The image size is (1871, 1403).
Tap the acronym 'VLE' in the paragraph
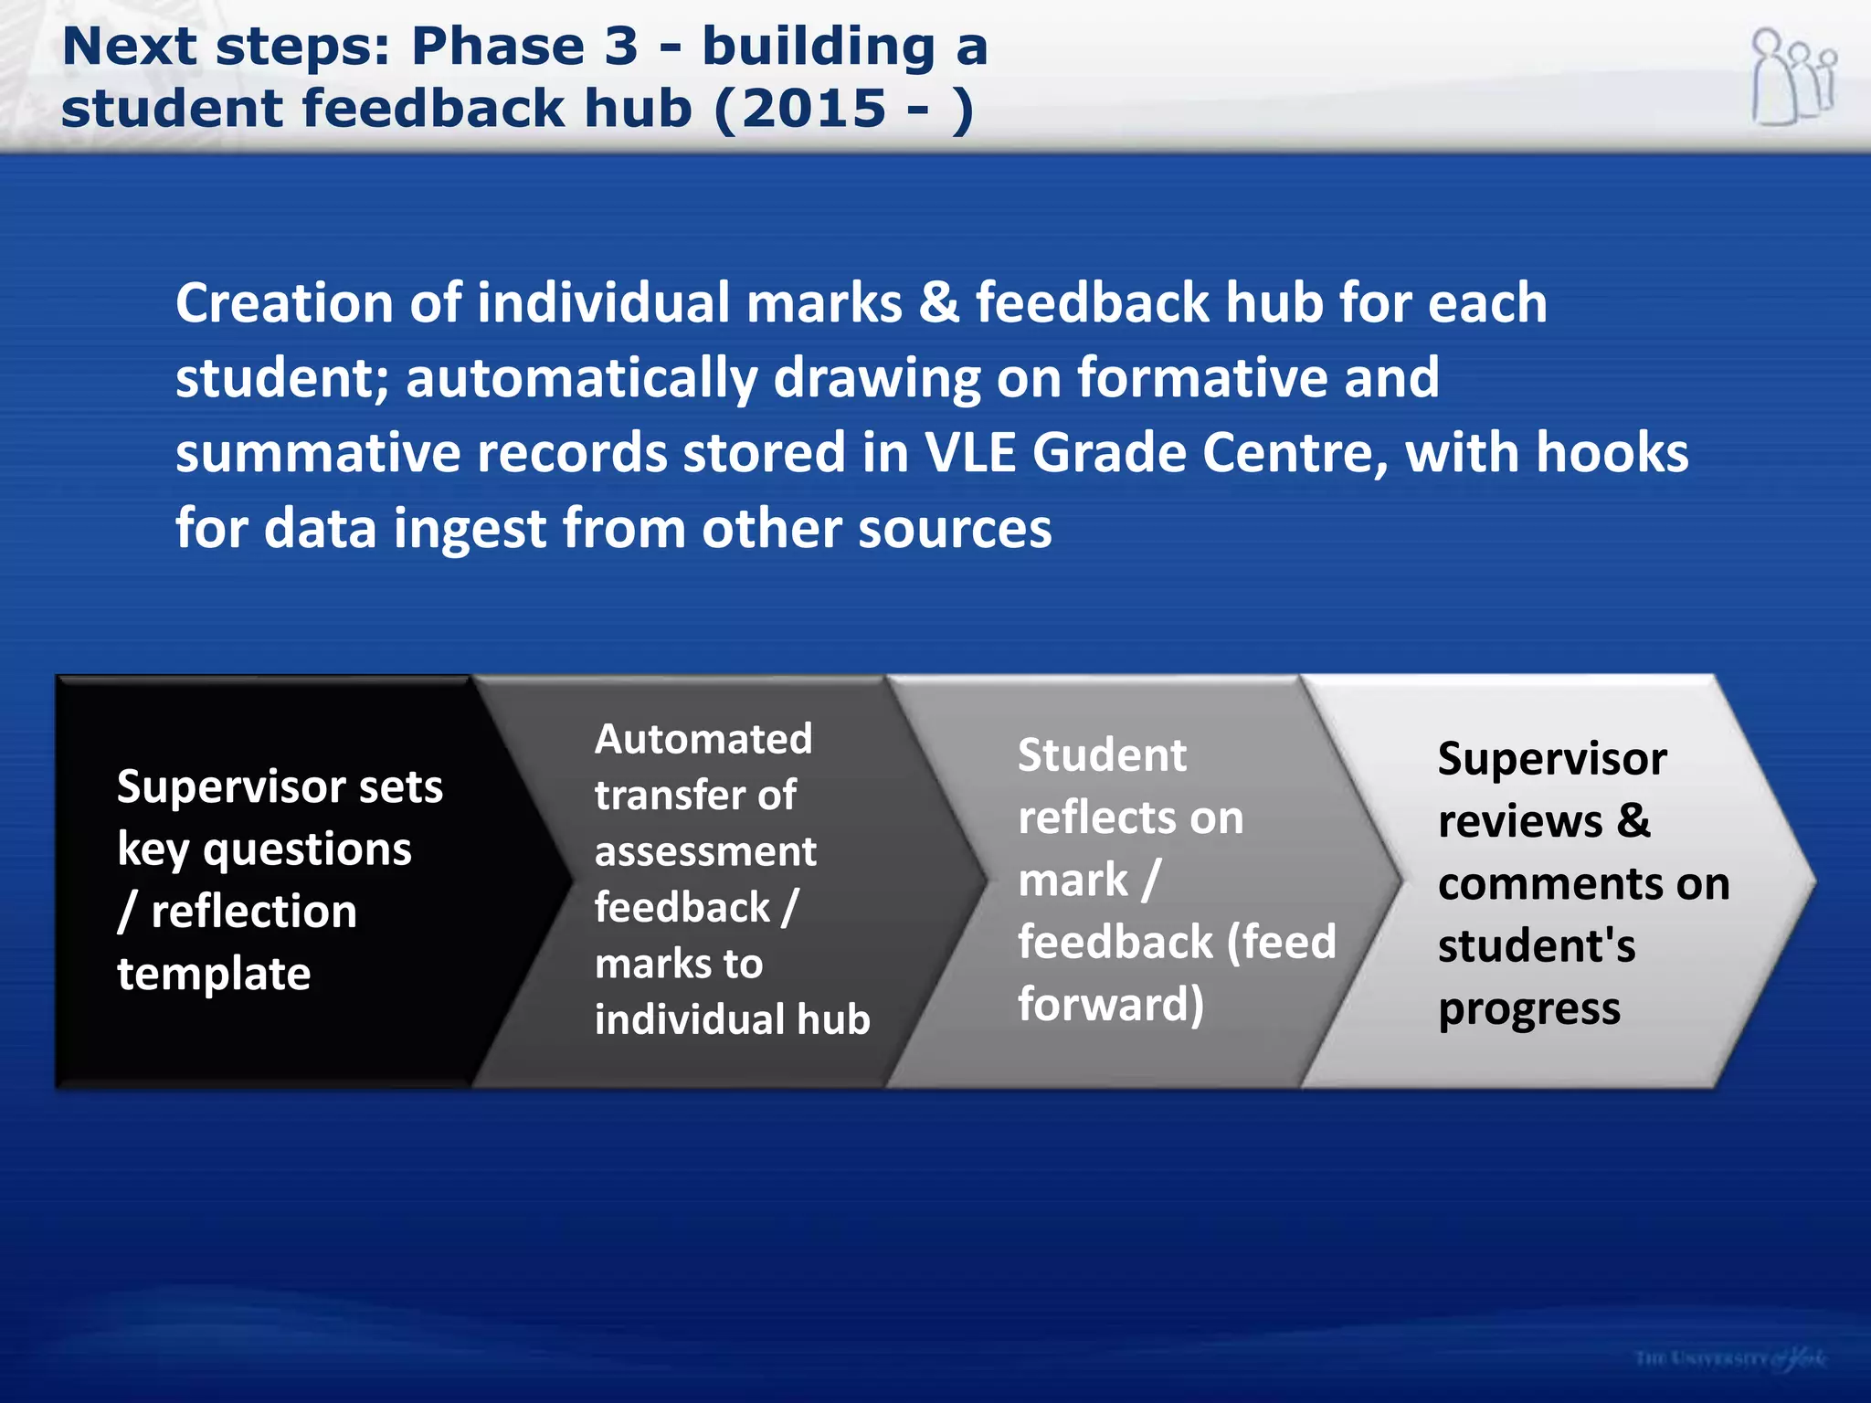click(x=970, y=453)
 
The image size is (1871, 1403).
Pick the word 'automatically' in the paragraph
click(x=582, y=378)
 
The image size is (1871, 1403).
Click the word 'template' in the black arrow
click(x=214, y=974)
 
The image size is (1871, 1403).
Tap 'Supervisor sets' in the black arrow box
click(x=280, y=786)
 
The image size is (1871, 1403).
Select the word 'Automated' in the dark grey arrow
click(x=703, y=739)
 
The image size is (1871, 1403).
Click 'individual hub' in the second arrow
click(x=732, y=1019)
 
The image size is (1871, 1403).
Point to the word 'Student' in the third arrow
click(x=1102, y=755)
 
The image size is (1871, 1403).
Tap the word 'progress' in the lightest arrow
click(x=1528, y=1009)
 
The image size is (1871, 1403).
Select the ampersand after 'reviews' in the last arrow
click(x=1633, y=820)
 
